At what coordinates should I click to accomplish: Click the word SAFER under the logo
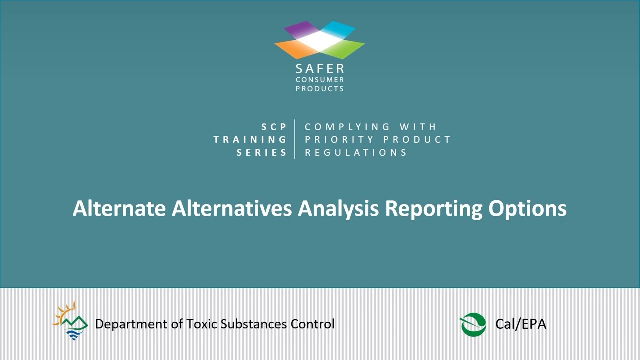pos(320,69)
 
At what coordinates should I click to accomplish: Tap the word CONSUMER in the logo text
pos(320,80)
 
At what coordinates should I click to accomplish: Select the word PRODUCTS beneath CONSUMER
pos(320,89)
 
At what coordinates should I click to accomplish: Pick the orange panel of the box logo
pos(294,48)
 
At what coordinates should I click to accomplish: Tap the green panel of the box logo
pos(345,48)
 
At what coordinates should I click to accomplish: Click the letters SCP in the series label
pos(274,127)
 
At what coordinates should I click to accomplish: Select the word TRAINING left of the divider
pos(250,140)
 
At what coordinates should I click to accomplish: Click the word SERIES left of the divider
pos(262,153)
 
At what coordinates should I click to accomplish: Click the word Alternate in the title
pos(119,208)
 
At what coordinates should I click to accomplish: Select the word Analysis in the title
pos(338,208)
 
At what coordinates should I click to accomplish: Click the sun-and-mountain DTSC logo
pos(70,321)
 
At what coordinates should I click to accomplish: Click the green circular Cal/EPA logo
pos(473,324)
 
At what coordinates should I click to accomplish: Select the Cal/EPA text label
pos(521,324)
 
